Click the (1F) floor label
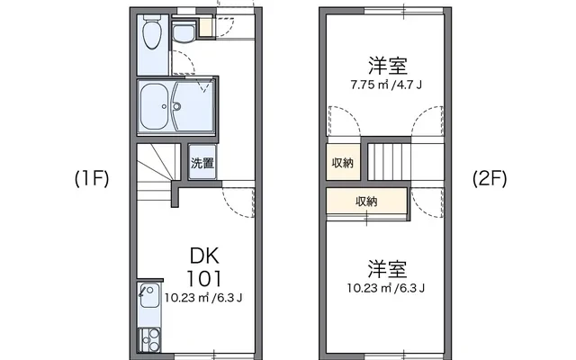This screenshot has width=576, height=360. tap(91, 178)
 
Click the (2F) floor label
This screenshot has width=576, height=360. tap(490, 178)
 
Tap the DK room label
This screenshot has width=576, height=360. tap(204, 255)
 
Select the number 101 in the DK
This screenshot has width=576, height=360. tap(204, 276)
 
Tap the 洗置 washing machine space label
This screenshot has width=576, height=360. tap(202, 164)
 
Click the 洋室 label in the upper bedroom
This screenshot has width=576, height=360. tap(388, 66)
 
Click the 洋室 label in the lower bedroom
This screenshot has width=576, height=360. tap(387, 269)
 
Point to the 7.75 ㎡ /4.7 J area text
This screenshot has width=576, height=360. tap(388, 86)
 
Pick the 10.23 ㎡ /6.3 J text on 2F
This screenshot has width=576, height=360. tap(387, 289)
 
